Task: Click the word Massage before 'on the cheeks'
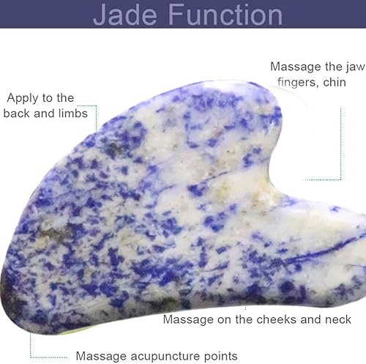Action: click(187, 320)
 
